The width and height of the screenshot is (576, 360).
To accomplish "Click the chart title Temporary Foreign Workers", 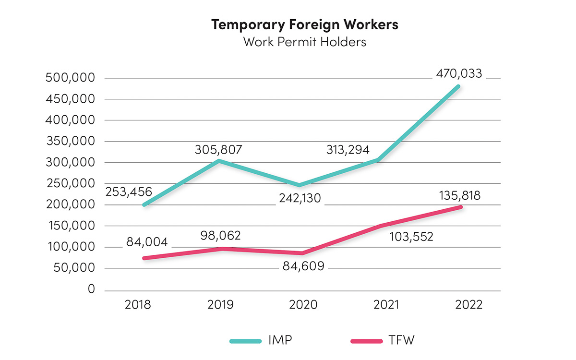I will (x=305, y=24).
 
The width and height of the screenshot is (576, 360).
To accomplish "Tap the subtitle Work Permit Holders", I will (x=305, y=42).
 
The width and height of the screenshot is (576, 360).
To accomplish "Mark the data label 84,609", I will (x=300, y=265).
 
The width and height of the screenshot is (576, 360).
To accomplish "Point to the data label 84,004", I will (x=147, y=242).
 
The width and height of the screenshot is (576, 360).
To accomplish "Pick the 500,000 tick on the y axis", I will (x=71, y=78).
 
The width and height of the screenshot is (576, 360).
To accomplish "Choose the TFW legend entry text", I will (x=400, y=341).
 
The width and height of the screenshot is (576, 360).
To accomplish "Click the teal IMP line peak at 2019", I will (x=219, y=161).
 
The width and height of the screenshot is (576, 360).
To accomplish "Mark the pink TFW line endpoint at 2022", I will (x=460, y=207).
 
